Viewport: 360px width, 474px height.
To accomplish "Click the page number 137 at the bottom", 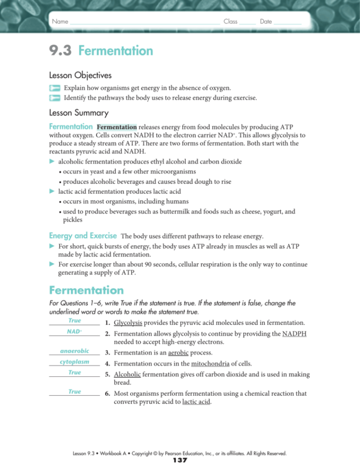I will [x=180, y=460].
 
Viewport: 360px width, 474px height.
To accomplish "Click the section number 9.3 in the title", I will [x=61, y=51].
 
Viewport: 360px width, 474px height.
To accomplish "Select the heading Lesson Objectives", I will [x=80, y=76].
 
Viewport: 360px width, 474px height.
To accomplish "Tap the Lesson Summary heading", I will [x=79, y=112].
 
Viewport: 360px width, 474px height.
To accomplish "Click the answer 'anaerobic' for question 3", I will [x=74, y=350].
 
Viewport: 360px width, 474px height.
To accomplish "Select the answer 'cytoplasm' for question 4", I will [x=74, y=362].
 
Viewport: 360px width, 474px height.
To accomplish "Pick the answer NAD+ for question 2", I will [x=74, y=331].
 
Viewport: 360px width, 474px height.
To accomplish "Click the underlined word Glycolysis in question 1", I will [x=128, y=323].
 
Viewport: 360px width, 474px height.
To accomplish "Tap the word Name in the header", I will [x=60, y=22].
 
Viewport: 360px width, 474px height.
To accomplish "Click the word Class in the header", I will [x=230, y=22].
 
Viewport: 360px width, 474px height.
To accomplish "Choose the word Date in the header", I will [x=266, y=22].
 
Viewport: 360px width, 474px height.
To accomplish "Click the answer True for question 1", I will [x=75, y=321].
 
